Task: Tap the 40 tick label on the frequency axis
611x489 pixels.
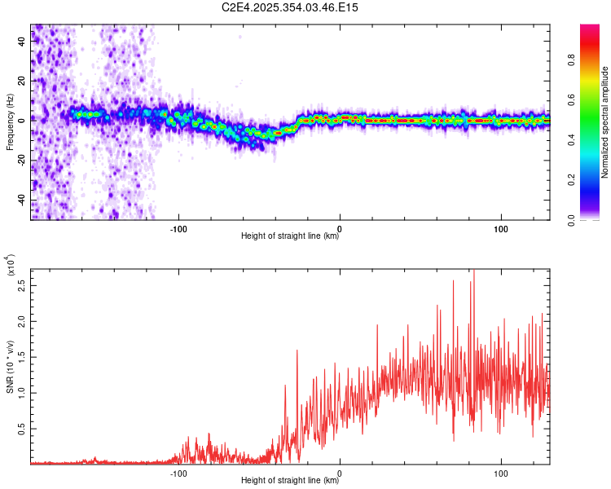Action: coord(21,42)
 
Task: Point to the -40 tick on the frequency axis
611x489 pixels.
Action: coord(21,200)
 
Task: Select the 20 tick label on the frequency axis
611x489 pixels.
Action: coord(21,81)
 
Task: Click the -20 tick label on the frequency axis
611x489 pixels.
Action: coord(21,161)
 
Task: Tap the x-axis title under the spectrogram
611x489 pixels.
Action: coord(290,236)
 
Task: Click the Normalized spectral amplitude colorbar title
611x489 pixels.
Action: coord(605,122)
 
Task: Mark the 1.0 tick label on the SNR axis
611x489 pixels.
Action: coord(21,393)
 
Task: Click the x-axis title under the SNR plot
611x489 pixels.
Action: coord(290,481)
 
